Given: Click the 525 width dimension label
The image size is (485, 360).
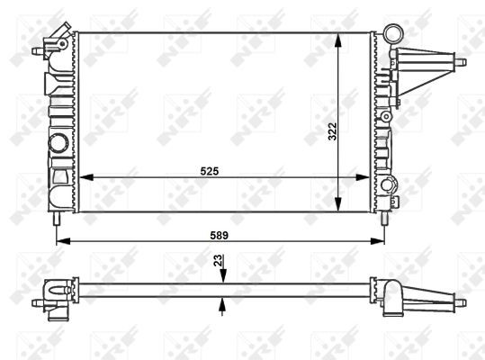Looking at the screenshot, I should tap(211, 169).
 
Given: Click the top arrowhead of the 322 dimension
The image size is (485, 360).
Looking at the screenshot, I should tap(337, 39).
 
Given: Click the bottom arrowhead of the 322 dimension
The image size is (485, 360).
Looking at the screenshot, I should tap(337, 207).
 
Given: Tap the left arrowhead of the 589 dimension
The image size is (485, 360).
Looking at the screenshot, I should tap(61, 241).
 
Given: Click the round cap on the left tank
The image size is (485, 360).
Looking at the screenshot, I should tap(58, 143).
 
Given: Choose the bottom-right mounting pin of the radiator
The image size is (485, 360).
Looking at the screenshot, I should tap(384, 218).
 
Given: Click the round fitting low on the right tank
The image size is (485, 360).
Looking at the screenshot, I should tap(390, 186).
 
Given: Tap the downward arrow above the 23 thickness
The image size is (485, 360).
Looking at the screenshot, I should tap(221, 276).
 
